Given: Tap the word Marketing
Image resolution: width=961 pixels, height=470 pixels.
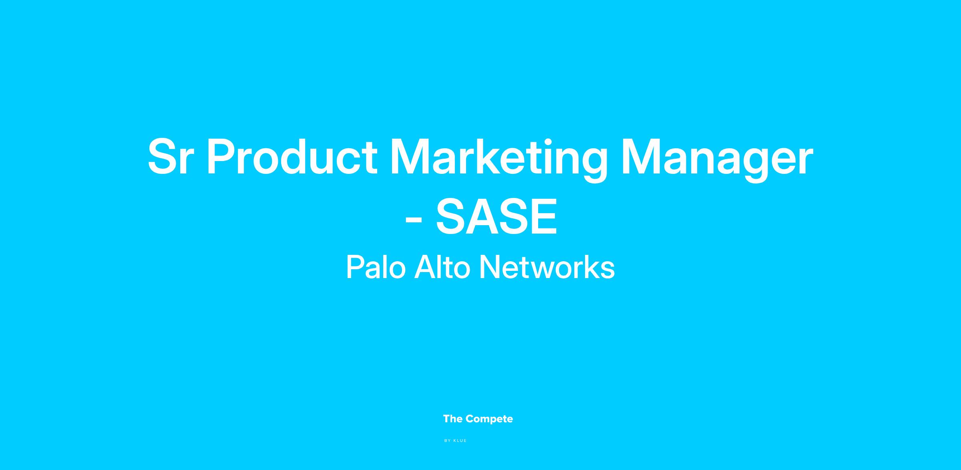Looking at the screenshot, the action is (x=498, y=159).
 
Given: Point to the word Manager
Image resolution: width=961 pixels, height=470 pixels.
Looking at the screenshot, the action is (x=717, y=159).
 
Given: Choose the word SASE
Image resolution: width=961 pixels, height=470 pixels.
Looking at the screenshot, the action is (x=497, y=216).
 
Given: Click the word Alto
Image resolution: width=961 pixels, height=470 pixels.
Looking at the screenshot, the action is (x=442, y=267).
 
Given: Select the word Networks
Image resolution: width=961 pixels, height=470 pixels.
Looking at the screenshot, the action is (x=547, y=267).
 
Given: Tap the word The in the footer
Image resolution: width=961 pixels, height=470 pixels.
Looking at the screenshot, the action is (x=453, y=419).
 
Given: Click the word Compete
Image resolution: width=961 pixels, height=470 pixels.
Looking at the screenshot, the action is (x=489, y=419).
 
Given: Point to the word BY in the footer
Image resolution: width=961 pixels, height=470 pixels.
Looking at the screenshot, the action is (x=448, y=441).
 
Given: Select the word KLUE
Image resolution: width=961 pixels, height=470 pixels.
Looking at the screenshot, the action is (x=460, y=441).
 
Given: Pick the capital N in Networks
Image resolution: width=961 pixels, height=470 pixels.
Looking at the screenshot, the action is (x=489, y=267).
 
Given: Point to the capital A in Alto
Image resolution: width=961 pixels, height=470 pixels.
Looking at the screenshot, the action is (x=425, y=267).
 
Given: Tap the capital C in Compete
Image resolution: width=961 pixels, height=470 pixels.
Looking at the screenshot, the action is (x=470, y=419).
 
